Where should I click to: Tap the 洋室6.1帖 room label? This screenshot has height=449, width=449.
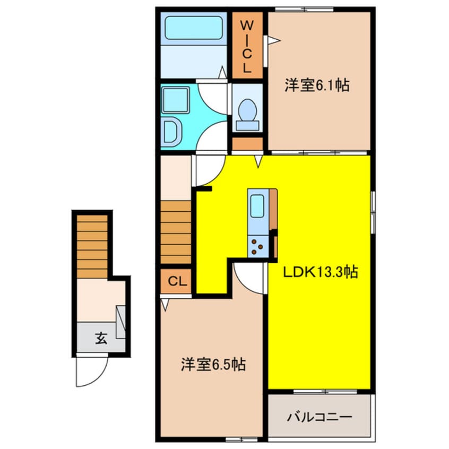(317, 85)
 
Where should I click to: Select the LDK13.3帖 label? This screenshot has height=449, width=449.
(321, 272)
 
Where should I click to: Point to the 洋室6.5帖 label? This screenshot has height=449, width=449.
(213, 365)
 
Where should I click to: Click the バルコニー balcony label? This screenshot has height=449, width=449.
(320, 417)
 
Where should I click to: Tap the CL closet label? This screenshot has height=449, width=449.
(177, 281)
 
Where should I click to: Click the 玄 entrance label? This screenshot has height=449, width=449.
(101, 338)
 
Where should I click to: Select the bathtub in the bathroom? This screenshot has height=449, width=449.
(194, 28)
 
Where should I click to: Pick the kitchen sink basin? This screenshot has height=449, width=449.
(257, 206)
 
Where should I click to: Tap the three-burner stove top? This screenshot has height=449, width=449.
(258, 247)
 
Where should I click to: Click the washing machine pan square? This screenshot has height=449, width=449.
(176, 100)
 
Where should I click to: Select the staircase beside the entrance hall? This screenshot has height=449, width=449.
(92, 246)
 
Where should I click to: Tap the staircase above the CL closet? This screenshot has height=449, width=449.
(176, 232)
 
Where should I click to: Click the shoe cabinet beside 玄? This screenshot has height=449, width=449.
(120, 322)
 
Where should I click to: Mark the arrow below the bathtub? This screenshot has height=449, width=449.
(222, 73)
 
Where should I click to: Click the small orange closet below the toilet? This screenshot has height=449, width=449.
(247, 144)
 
